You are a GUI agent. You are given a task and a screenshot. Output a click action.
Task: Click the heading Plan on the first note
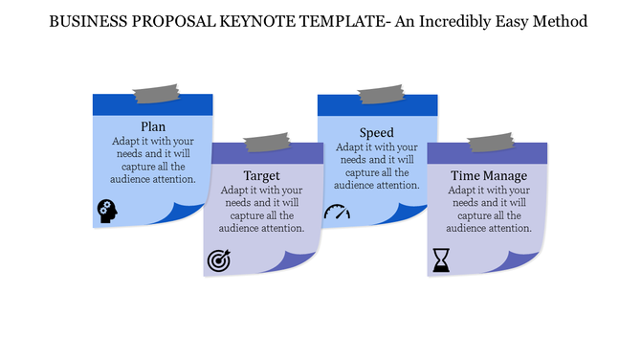[x=152, y=126]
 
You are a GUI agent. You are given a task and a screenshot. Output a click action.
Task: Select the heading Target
[x=261, y=176]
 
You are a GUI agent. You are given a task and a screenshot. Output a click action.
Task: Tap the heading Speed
[x=377, y=133]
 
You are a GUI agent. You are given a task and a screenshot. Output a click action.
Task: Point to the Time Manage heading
[x=489, y=176]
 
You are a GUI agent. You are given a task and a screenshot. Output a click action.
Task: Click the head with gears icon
[x=107, y=211]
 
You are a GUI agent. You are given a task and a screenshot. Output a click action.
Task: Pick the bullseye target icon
[x=219, y=260]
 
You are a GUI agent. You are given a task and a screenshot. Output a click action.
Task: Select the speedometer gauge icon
[x=338, y=212]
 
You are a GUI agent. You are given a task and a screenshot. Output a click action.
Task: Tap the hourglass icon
[x=441, y=259]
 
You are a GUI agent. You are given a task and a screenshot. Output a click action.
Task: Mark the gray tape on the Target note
[x=267, y=144]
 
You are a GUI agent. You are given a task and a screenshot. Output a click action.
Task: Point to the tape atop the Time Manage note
[x=491, y=144]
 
